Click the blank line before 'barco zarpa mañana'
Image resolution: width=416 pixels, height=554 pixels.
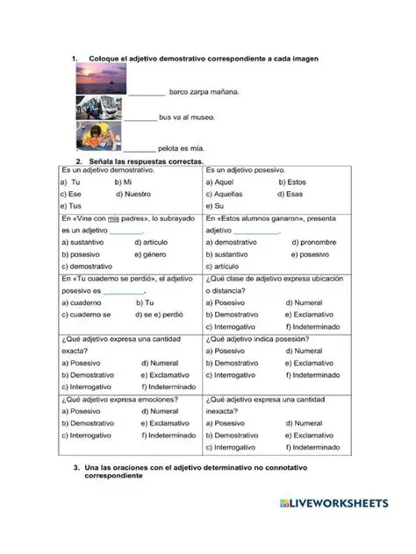147,92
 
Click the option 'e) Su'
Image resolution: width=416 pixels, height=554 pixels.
218,206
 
